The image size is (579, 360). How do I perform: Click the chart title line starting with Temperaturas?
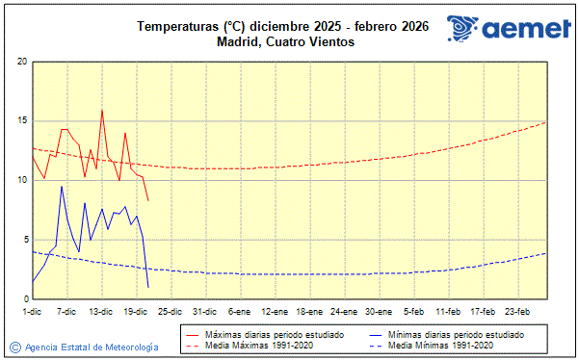click(282, 26)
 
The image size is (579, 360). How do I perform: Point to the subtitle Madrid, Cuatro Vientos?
click(282, 41)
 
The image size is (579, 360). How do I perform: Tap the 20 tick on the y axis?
click(21, 62)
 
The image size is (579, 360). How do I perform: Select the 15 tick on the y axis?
click(21, 121)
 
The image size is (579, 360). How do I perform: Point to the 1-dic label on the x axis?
click(32, 312)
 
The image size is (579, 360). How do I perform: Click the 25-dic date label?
click(170, 312)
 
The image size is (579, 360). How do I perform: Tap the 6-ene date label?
click(239, 312)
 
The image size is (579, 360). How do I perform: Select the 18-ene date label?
click(308, 312)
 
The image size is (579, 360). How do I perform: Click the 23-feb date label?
click(516, 312)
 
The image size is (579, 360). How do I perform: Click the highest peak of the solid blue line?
click(62, 187)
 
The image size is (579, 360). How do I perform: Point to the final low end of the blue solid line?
click(148, 287)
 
